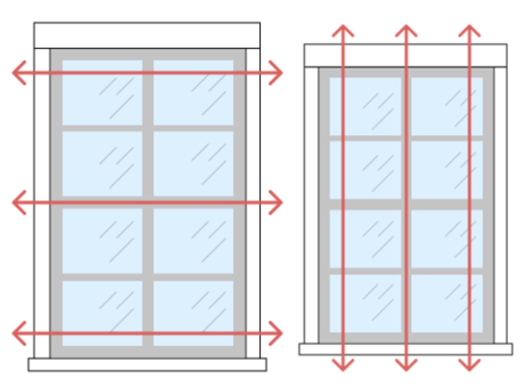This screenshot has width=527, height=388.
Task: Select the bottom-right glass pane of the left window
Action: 193,313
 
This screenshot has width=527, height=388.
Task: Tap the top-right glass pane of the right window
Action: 447,106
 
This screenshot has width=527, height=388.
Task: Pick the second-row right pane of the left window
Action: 193,163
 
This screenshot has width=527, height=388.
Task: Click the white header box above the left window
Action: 147,35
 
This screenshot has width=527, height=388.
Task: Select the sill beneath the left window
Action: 147,364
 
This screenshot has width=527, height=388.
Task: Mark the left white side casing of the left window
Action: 42,202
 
